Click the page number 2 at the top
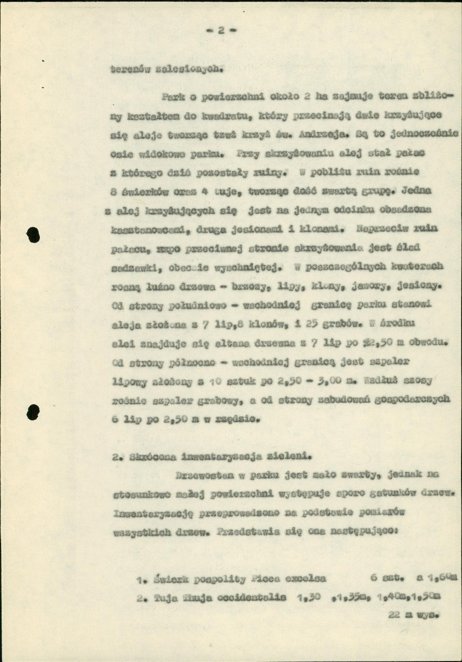coord(220,31)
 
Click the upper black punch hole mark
coord(33,235)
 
